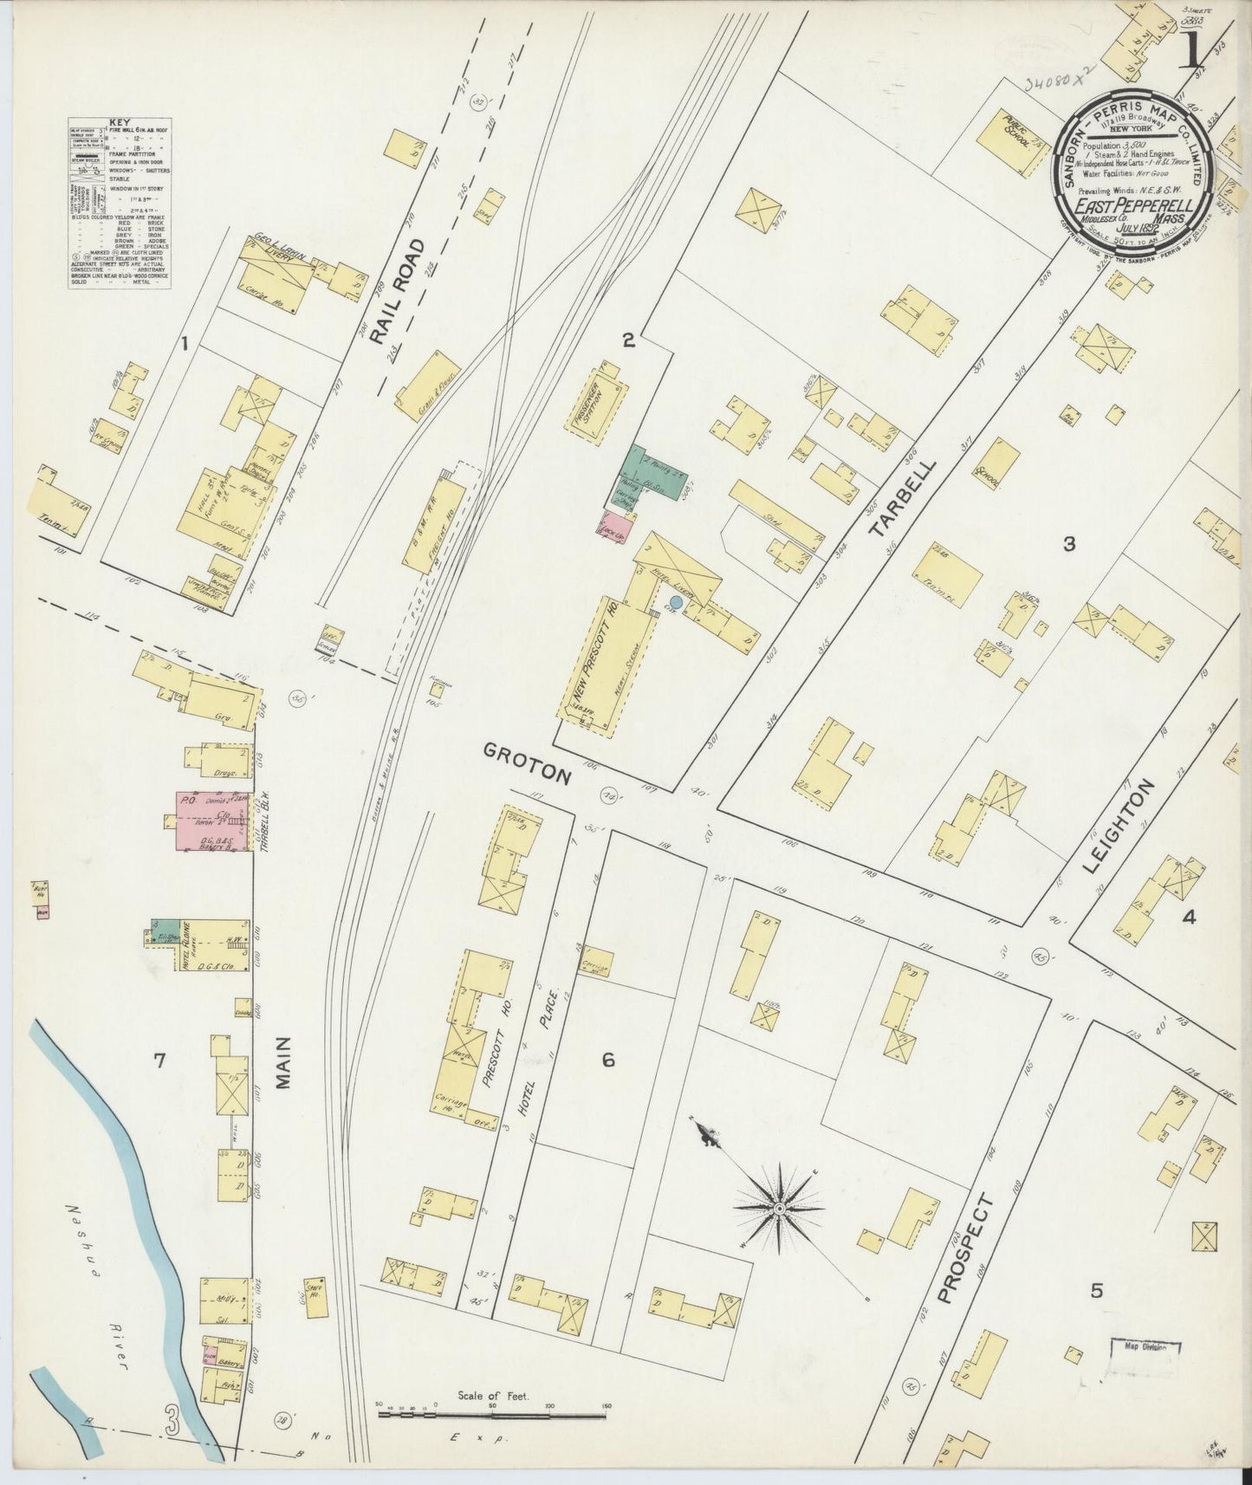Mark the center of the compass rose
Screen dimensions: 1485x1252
(x=779, y=1208)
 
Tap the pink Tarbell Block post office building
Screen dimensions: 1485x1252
(x=213, y=820)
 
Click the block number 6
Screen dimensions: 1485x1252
(x=608, y=1059)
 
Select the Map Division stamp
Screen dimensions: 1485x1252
(x=1145, y=1370)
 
